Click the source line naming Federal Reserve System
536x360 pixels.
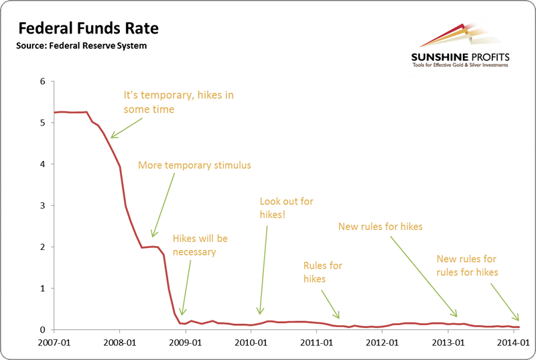click(x=81, y=46)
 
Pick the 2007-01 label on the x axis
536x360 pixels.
click(x=54, y=343)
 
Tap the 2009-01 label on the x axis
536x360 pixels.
click(x=186, y=343)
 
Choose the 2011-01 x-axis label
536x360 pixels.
click(x=318, y=343)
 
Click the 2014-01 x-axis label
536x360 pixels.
click(x=515, y=343)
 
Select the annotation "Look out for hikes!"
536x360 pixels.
click(x=286, y=207)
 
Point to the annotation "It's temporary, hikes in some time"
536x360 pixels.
click(x=178, y=102)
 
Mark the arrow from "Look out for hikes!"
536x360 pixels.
click(x=263, y=268)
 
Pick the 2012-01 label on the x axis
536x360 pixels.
click(x=383, y=343)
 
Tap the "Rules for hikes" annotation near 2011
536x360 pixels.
click(x=323, y=272)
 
